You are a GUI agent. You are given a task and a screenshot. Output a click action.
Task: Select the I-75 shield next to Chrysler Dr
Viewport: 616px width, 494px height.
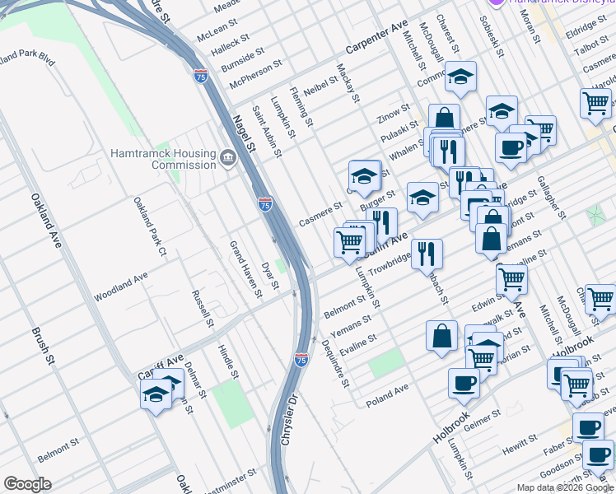[x=301, y=360]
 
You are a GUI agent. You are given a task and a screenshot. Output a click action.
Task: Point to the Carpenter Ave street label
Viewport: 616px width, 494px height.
[x=377, y=38]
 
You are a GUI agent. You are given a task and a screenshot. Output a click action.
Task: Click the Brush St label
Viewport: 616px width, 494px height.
[x=43, y=347]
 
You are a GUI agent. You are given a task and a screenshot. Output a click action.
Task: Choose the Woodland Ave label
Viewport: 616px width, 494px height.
[x=121, y=285]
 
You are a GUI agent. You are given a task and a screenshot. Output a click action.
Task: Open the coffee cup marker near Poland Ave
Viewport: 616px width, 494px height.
[x=464, y=382]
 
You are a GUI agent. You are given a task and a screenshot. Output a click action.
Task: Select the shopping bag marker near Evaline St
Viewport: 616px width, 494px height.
[x=442, y=335]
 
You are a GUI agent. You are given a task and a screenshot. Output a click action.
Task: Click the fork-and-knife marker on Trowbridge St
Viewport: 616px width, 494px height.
[x=427, y=253]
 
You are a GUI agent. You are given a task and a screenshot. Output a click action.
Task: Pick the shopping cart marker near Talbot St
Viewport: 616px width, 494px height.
[x=595, y=103]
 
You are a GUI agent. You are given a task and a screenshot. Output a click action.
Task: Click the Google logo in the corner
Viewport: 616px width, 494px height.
[x=28, y=484]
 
